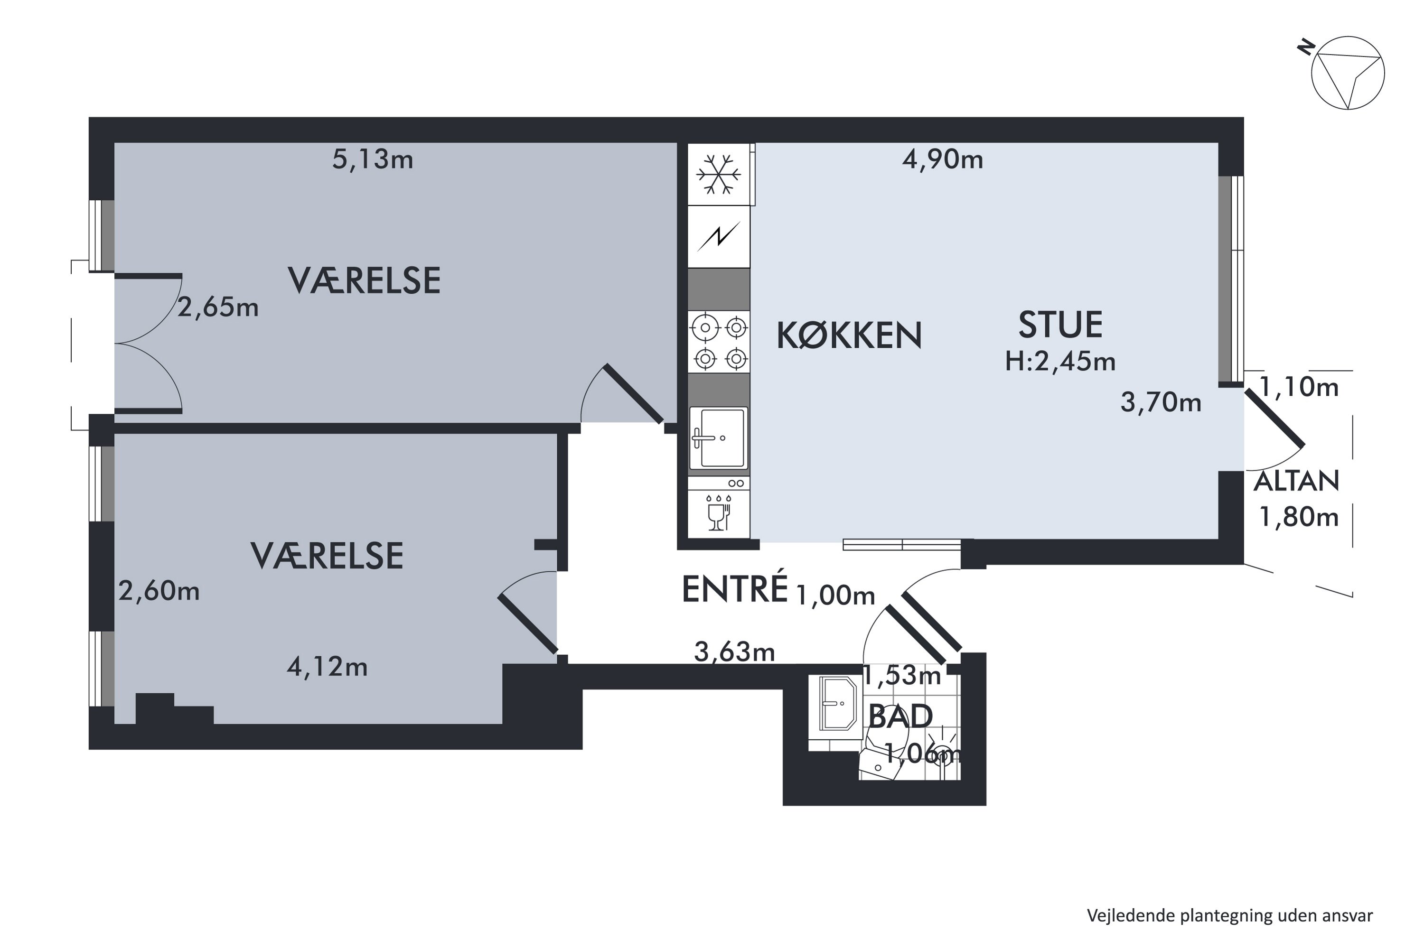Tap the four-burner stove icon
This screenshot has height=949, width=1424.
[719, 343]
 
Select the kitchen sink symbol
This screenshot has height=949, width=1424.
[719, 438]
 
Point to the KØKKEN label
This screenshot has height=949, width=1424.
[849, 336]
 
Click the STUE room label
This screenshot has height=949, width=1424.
[1060, 325]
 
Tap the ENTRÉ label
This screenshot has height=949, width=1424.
[734, 589]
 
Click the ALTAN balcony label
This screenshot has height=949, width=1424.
[1296, 481]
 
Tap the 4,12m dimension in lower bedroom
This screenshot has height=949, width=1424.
[327, 667]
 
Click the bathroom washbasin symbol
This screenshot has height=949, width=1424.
[837, 704]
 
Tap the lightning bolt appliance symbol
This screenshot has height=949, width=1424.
[719, 237]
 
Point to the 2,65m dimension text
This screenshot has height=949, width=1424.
[218, 308]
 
